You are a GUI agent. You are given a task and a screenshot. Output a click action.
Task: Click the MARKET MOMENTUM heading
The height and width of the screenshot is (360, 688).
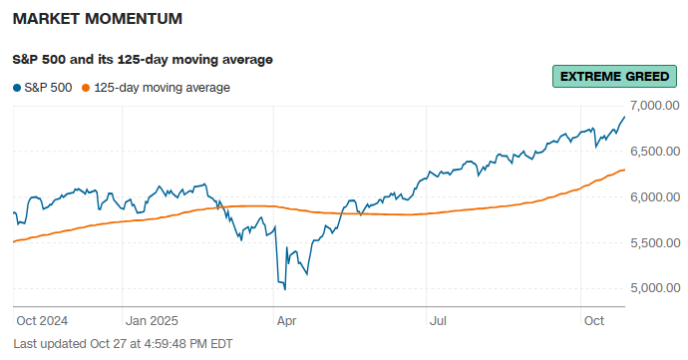[x=98, y=18]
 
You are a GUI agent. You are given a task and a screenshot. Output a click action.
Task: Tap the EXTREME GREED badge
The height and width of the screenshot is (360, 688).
[x=614, y=77]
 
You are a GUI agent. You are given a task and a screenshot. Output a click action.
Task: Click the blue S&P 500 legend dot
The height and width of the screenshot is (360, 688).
[x=17, y=88]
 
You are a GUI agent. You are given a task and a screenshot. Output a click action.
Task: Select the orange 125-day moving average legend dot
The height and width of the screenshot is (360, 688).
[x=86, y=88]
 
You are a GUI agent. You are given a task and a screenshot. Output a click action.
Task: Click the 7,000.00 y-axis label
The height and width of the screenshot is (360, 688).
[x=655, y=106]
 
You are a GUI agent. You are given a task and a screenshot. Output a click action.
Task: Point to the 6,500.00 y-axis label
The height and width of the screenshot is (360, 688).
[x=655, y=152]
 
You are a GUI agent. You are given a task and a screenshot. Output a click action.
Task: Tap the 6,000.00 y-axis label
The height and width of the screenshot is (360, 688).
[x=655, y=197]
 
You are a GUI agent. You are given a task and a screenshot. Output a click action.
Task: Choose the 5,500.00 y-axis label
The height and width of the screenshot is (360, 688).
[x=655, y=242]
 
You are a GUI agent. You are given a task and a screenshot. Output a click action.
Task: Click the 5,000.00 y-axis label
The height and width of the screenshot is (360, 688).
[x=655, y=288]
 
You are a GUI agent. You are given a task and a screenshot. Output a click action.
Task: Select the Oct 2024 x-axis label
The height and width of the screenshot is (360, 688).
[x=42, y=321]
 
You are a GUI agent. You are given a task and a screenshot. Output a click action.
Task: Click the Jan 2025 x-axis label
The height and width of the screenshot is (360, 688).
[x=152, y=321]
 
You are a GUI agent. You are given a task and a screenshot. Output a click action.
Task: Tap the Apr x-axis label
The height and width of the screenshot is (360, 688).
[x=286, y=321]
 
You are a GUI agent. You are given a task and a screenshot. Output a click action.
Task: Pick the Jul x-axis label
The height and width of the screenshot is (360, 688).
[x=438, y=321]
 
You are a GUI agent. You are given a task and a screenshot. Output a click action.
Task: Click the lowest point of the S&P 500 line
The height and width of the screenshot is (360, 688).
[x=285, y=289]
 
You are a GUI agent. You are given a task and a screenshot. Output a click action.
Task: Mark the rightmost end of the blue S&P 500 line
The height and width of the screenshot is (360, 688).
[x=624, y=117]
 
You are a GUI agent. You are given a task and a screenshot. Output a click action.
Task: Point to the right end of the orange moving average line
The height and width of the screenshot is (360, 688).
[x=624, y=170]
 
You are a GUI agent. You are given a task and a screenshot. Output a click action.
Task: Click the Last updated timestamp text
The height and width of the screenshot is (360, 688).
[x=123, y=344]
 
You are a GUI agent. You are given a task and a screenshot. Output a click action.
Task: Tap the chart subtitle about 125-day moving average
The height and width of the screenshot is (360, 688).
[x=143, y=60]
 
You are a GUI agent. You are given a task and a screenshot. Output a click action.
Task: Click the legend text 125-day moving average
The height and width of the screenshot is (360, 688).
[x=162, y=88]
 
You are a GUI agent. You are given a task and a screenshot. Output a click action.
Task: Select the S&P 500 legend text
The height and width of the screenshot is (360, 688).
[x=48, y=88]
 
